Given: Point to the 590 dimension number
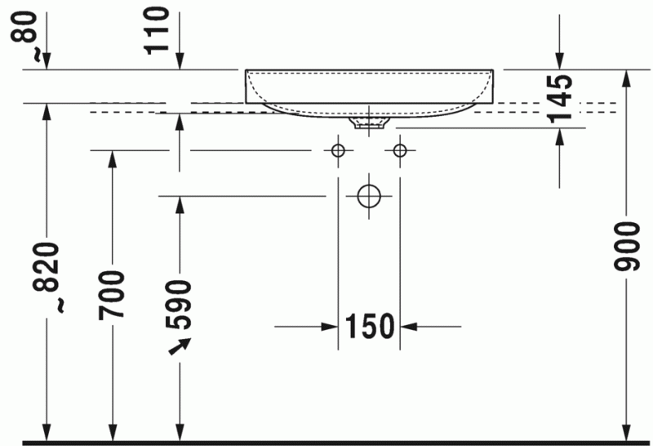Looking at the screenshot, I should pos(180,303).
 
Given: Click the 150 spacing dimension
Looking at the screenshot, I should pos(369,327).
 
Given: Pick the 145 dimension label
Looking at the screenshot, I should pos(561,99).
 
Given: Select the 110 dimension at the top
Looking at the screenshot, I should pos(159,30).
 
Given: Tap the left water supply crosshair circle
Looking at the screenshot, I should pos(336,150).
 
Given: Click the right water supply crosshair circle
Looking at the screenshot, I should pos(400,150).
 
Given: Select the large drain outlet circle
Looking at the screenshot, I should pos(369,196).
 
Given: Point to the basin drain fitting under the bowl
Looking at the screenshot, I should pos(368,123).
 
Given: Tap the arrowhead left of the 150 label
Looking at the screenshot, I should pos(331,327).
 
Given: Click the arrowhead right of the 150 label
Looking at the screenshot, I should pos(407,327).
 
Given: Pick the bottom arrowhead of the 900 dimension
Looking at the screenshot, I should pos(626,433).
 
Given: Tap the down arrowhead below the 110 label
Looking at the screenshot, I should pos(180,60).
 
